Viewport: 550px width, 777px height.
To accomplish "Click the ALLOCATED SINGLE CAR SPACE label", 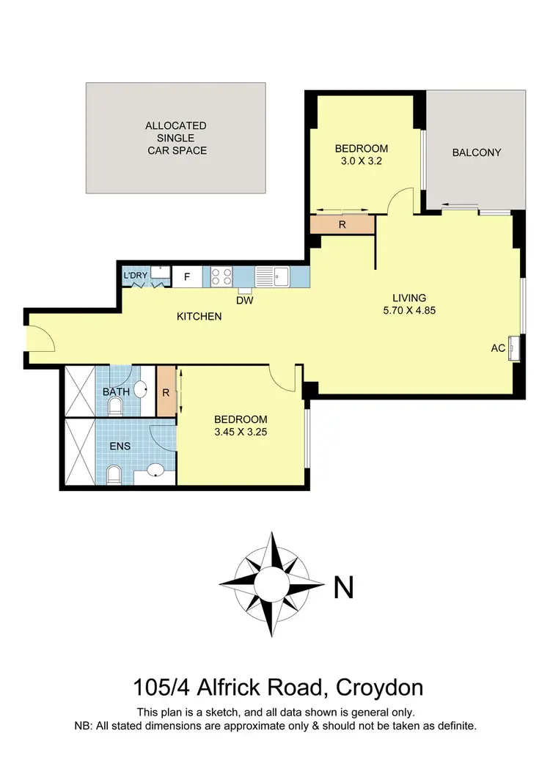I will (x=176, y=138).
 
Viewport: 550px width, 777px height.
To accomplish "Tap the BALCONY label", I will (x=477, y=152).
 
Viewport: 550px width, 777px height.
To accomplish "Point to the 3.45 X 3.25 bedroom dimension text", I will (x=240, y=432).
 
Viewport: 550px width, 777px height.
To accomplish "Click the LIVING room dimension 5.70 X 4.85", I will (x=408, y=309).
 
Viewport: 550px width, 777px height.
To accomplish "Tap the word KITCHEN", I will (x=199, y=317).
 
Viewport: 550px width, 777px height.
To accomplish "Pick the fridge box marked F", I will (x=187, y=277).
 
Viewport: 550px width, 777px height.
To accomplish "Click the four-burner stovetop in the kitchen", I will (x=222, y=276).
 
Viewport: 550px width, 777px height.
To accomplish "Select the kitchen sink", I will (x=272, y=276).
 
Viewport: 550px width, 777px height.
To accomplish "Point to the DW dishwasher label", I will (x=244, y=299).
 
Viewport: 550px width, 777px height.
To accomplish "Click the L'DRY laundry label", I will (x=136, y=276).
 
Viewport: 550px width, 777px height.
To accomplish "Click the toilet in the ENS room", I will (x=114, y=474).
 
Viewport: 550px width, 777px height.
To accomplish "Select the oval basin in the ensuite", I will (x=155, y=471).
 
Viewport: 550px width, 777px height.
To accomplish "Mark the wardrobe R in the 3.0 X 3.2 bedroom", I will (x=342, y=225).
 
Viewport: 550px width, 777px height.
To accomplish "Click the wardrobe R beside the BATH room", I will (x=166, y=392).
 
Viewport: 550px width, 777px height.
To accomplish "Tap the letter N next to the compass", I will (x=344, y=586).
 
